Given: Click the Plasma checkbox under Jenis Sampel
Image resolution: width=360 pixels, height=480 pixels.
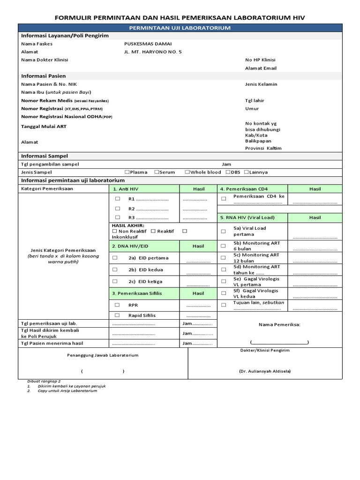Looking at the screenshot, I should (x=127, y=172).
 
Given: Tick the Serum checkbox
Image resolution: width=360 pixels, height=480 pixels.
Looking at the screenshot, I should (x=157, y=172).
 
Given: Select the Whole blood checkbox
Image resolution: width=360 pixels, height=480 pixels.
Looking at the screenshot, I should (x=187, y=172).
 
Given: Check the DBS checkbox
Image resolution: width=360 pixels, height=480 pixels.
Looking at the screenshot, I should (x=228, y=172).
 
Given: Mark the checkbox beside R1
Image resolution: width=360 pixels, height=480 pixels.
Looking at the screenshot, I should (x=118, y=199).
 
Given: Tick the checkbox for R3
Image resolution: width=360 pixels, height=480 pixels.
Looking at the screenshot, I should (x=118, y=217).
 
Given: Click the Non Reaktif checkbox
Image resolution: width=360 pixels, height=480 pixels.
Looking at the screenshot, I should (x=115, y=231).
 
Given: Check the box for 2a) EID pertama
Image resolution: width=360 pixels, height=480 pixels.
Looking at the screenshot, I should (x=115, y=258).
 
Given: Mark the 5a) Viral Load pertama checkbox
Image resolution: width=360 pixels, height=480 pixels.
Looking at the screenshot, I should (x=224, y=231).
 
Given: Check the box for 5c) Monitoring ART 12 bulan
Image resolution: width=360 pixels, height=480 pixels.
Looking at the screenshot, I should (x=224, y=258).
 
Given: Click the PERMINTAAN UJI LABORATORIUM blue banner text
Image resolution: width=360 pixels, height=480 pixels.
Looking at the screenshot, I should (x=180, y=28).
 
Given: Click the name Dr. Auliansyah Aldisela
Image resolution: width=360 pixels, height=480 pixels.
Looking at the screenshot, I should (x=265, y=371).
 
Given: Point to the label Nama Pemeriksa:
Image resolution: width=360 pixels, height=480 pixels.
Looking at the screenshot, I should (x=280, y=324).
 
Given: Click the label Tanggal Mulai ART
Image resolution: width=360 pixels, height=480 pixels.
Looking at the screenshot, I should (x=44, y=127).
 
